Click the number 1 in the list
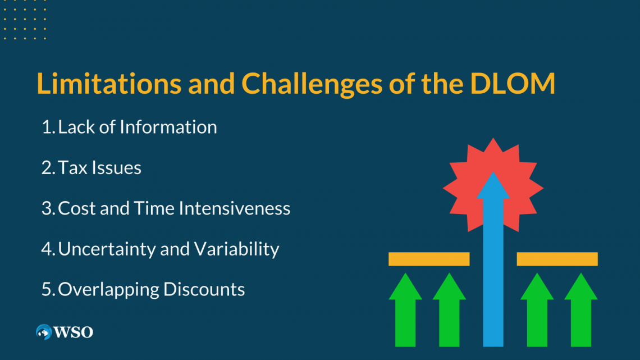(x=47, y=127)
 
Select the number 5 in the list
(x=47, y=289)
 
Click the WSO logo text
(x=74, y=332)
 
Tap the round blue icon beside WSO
(x=43, y=332)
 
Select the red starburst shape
(x=466, y=168)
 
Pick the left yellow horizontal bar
(x=429, y=259)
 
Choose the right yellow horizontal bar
(x=557, y=259)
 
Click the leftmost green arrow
(x=405, y=309)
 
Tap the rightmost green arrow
(x=580, y=309)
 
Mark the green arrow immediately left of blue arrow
(x=449, y=309)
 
